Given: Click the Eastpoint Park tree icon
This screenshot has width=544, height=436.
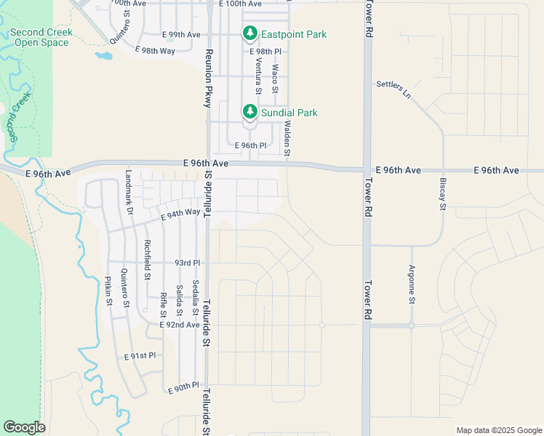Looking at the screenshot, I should [x=250, y=34].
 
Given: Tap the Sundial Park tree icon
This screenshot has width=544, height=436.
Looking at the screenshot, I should [x=250, y=112].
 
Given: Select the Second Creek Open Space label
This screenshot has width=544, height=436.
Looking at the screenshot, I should [x=41, y=38].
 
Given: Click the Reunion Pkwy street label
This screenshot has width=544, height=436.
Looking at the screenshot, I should [x=208, y=78].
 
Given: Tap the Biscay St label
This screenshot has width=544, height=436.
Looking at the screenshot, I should [x=441, y=193].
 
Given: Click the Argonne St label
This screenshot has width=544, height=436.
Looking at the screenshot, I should [x=411, y=284].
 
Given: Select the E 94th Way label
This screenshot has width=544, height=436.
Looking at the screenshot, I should [x=180, y=213].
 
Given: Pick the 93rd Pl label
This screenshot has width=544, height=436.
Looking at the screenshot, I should [x=187, y=262].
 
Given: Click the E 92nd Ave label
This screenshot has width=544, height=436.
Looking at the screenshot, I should [x=179, y=325].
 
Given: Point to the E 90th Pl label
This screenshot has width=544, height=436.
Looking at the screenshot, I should [x=183, y=387].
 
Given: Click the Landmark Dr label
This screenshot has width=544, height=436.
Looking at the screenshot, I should [x=129, y=191].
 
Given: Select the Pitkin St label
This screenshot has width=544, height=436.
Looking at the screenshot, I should [x=108, y=291].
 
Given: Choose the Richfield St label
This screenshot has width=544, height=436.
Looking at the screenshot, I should [x=147, y=260].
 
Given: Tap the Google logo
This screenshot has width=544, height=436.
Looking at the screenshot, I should [x=24, y=427].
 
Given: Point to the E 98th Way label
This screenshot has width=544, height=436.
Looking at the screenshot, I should [x=155, y=50].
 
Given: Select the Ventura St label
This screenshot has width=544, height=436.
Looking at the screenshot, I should [x=257, y=77].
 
